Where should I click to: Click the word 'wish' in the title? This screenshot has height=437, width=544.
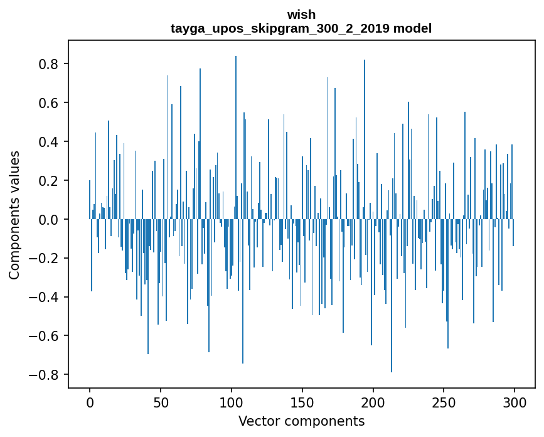301,14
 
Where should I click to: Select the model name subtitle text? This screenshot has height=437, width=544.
301,28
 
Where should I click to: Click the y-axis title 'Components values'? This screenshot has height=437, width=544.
14,215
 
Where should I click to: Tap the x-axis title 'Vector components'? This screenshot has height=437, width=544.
301,421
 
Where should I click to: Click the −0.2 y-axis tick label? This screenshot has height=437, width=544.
46,258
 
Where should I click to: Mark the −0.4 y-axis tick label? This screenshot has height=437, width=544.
46,297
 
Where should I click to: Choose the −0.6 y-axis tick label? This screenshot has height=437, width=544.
46,336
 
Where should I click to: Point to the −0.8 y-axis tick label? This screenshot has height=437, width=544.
46,375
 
